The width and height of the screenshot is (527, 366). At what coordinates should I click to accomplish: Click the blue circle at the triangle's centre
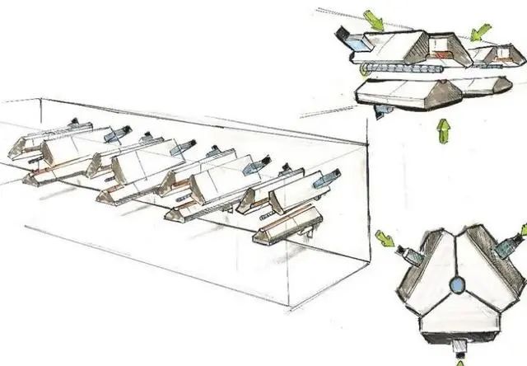pyautogui.click(x=458, y=285)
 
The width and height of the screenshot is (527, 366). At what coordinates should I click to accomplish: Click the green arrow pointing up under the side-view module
pyautogui.click(x=444, y=129)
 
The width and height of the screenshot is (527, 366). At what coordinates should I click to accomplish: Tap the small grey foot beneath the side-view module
pyautogui.click(x=381, y=110)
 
